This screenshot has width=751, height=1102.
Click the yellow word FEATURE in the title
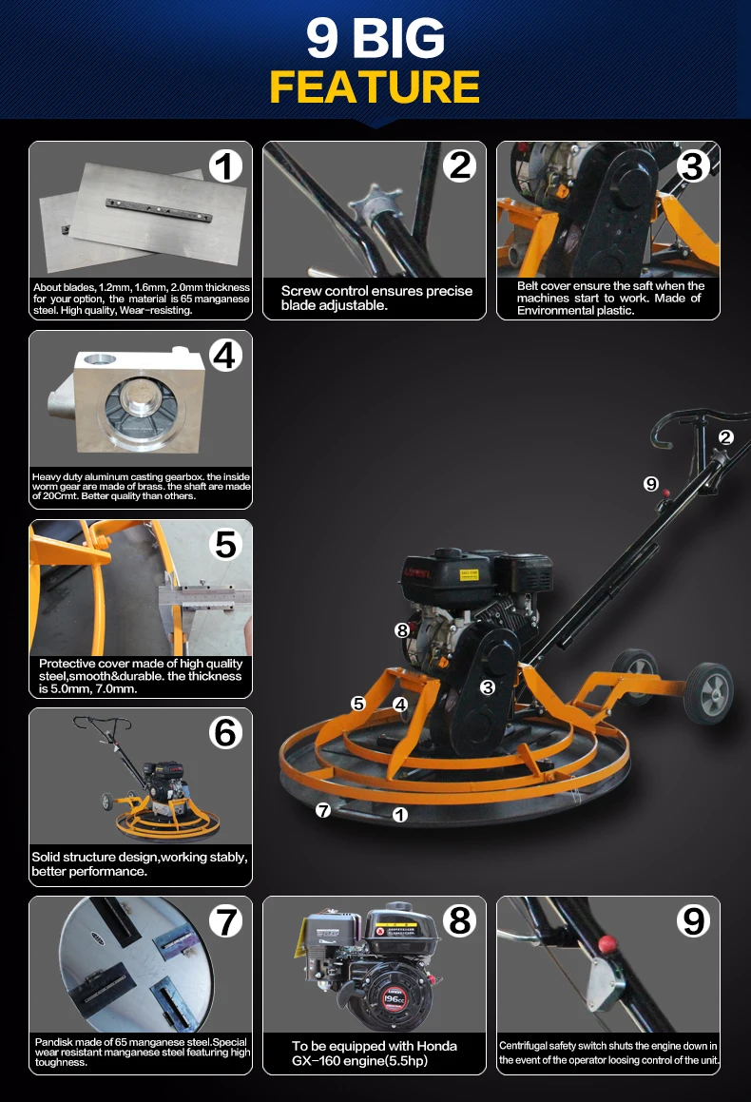tap(375, 87)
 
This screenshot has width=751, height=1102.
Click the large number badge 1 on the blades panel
tap(225, 166)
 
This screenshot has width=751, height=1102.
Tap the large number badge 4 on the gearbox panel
tap(225, 355)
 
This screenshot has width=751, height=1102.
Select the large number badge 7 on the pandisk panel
tap(225, 921)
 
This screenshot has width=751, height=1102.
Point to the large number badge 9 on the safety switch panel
tap(693, 920)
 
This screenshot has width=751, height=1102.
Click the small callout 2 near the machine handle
tap(726, 437)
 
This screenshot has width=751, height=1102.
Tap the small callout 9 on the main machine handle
tap(651, 484)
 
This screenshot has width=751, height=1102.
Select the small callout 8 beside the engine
tap(402, 630)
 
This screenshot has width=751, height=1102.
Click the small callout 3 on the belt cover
tap(488, 687)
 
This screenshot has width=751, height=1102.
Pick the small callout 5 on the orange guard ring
tap(358, 704)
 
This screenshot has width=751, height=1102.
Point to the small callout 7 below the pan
tap(323, 810)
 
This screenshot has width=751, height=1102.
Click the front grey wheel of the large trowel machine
tap(708, 693)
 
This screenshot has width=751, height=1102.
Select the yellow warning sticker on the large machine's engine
tap(469, 574)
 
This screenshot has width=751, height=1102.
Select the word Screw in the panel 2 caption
tap(300, 291)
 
